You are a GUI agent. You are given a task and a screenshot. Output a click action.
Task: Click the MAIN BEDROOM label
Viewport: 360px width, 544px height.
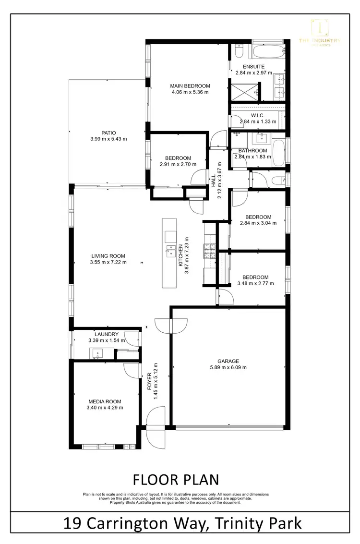(190, 86)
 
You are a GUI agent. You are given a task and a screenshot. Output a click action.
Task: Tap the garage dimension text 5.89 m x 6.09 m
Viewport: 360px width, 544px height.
(228, 367)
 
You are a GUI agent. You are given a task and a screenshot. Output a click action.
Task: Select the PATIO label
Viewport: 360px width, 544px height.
(108, 133)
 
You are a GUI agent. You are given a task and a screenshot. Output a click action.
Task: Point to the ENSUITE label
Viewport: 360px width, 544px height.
(253, 66)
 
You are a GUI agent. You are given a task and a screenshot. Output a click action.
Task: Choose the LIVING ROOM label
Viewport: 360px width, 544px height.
(108, 256)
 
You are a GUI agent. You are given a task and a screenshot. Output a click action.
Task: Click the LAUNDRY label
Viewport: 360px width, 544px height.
(106, 334)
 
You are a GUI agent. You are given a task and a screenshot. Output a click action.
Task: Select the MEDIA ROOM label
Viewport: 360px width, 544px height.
(105, 401)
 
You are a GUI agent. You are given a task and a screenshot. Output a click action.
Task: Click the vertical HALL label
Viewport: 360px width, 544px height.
(213, 181)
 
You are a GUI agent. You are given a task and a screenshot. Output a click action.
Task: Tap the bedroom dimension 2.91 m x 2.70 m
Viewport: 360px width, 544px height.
(178, 164)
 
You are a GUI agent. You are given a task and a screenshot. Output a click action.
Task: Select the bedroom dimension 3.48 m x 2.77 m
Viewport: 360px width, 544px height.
(255, 283)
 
